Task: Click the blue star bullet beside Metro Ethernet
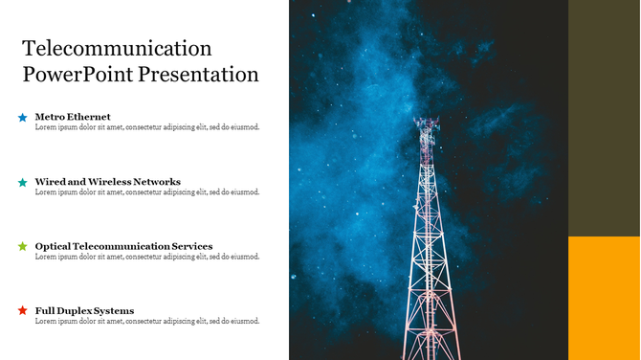(22, 118)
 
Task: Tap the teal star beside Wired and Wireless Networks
(22, 182)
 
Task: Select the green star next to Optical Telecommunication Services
(22, 246)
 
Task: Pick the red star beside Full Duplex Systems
(22, 311)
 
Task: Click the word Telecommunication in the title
(117, 48)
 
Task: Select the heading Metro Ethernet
(73, 117)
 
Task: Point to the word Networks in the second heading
(158, 181)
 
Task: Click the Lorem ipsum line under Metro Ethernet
(146, 127)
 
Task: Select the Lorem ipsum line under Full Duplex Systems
(146, 321)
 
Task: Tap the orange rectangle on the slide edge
(604, 298)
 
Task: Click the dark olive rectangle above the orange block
(604, 118)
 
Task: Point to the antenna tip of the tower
(426, 121)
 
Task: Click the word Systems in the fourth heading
(116, 310)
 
